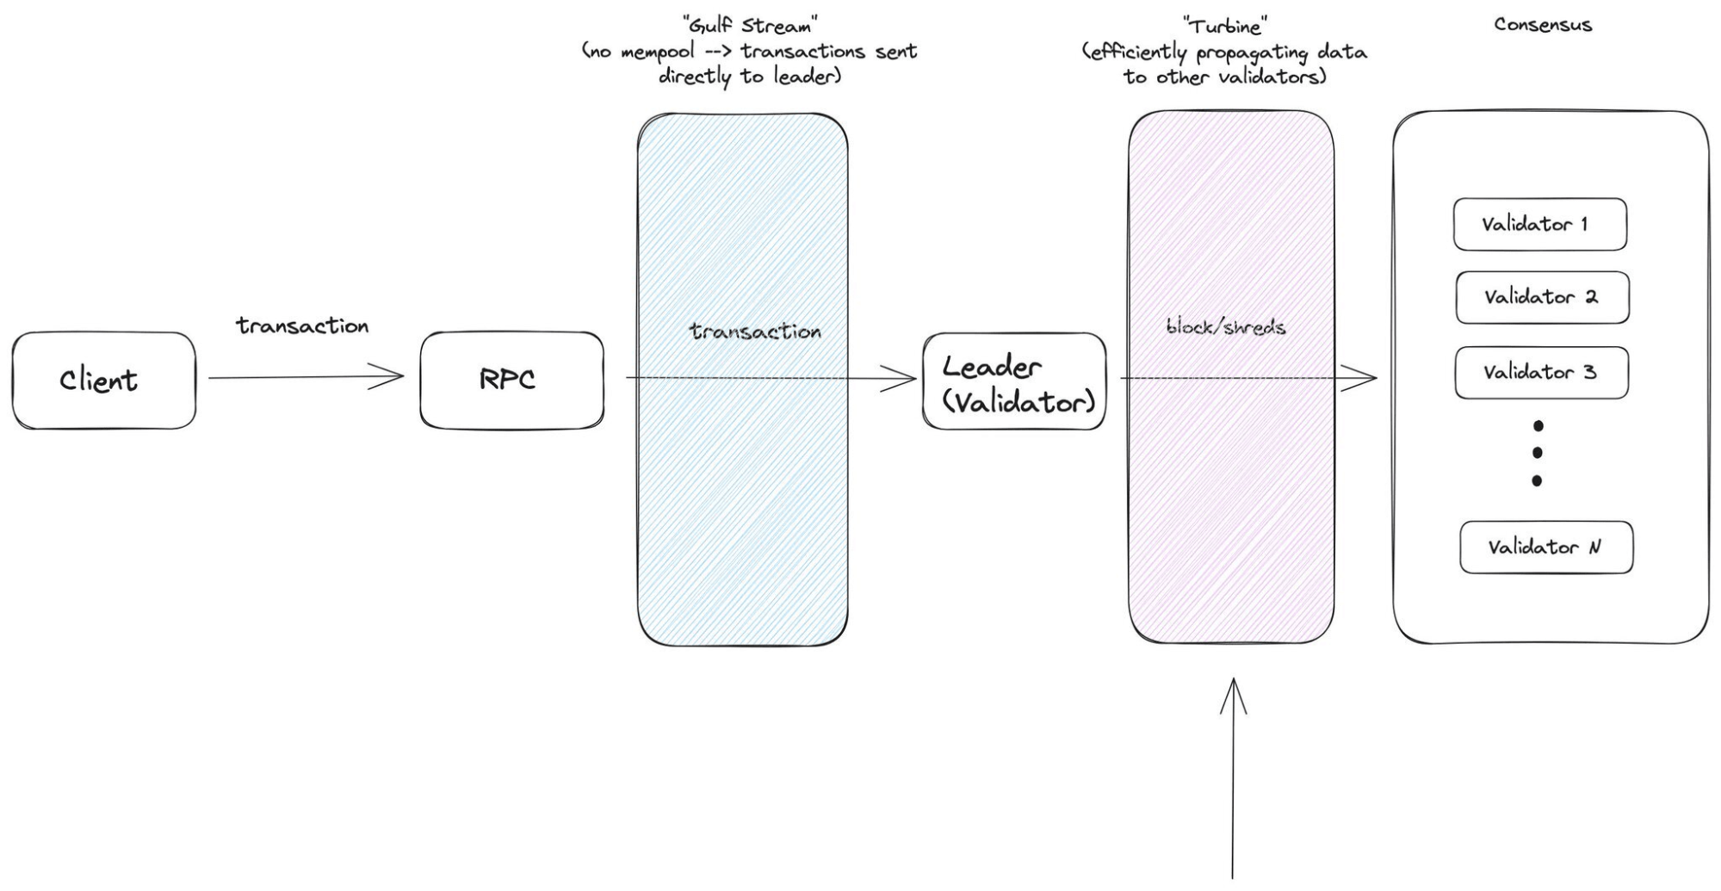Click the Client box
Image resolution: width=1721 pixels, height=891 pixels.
pos(103,381)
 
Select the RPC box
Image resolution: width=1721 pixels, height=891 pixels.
pos(511,381)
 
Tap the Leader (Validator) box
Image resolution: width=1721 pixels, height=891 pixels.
pos(1014,381)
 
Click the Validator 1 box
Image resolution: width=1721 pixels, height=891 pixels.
pos(1539,225)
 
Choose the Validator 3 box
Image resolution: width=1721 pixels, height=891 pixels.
pos(1541,373)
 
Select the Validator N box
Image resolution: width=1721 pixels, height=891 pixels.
pos(1546,548)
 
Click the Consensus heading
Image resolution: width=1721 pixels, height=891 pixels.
pos(1543,25)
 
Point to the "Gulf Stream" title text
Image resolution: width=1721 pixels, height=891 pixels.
pos(749,26)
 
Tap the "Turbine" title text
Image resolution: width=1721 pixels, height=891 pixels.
pos(1223,26)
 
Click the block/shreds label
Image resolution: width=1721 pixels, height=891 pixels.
pos(1226,327)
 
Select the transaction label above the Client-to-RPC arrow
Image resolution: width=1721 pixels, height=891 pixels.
pos(302,326)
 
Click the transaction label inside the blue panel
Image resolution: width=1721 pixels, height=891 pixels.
pos(755,331)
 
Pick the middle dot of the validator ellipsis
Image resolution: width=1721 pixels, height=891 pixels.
pos(1538,453)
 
